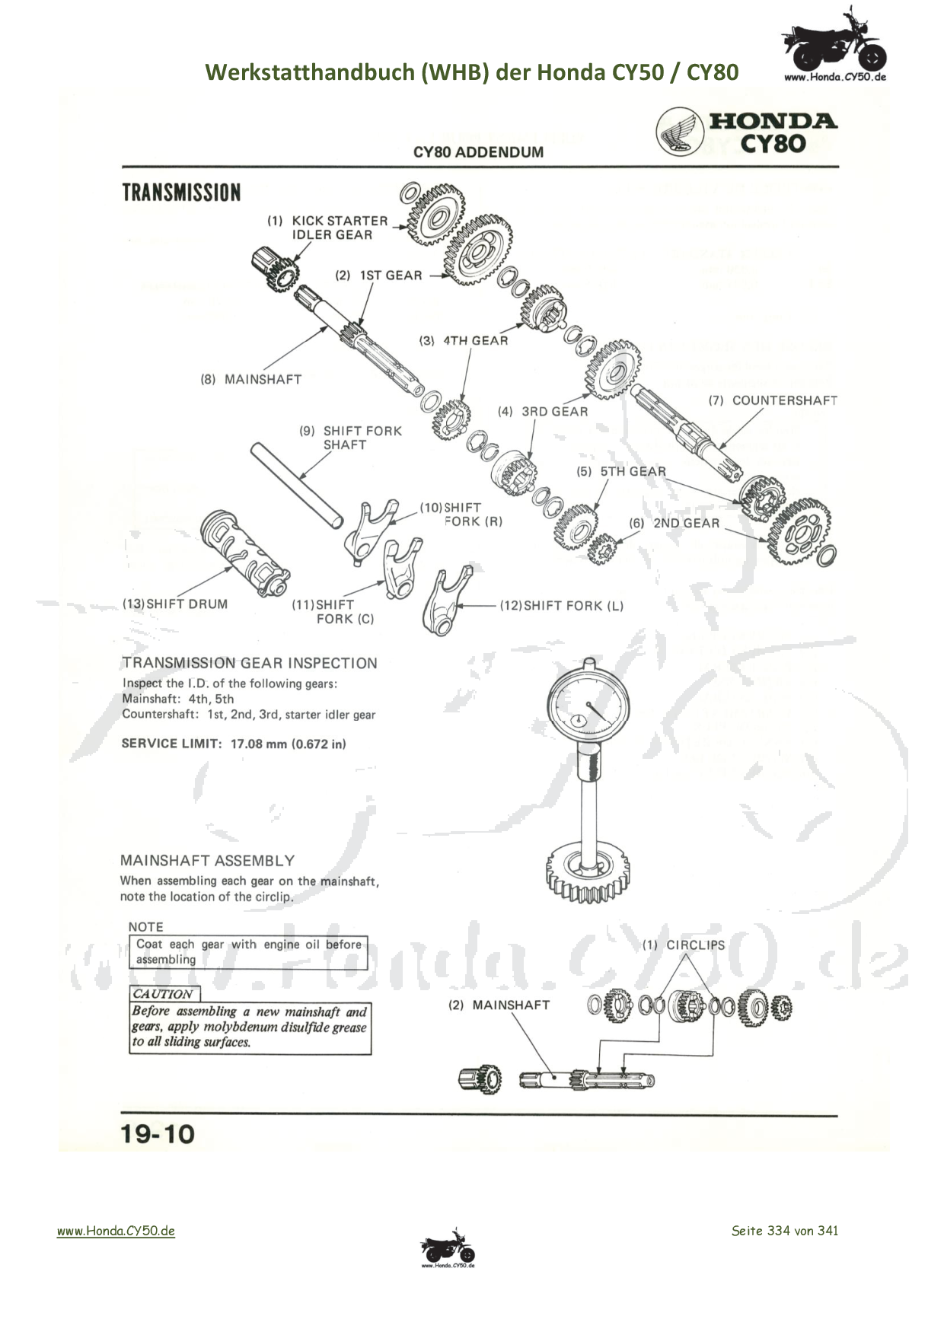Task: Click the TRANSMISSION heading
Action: coord(181,193)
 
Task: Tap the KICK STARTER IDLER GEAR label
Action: coord(332,228)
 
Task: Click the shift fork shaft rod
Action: coord(296,485)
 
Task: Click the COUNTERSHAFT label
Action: coord(784,400)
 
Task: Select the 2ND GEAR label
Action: coord(685,523)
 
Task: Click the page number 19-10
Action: coord(158,1135)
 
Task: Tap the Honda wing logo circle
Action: coord(680,132)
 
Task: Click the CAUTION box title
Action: coord(163,994)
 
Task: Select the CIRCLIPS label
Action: coord(695,945)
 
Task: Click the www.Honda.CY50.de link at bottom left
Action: coord(116,1231)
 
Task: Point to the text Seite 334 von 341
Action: coord(784,1231)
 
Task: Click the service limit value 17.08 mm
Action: coord(258,744)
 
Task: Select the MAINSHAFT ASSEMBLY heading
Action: coord(207,861)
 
